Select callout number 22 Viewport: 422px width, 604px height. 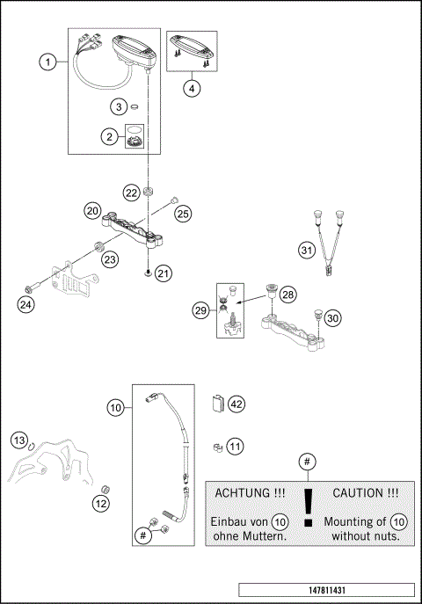pyautogui.click(x=130, y=192)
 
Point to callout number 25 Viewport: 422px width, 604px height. pyautogui.click(x=182, y=214)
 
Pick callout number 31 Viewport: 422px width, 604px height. pyautogui.click(x=305, y=251)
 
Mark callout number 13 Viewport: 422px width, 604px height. pyautogui.click(x=20, y=439)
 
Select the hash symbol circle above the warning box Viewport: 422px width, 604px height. pyautogui.click(x=307, y=461)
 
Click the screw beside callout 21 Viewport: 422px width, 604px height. pyautogui.click(x=150, y=273)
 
